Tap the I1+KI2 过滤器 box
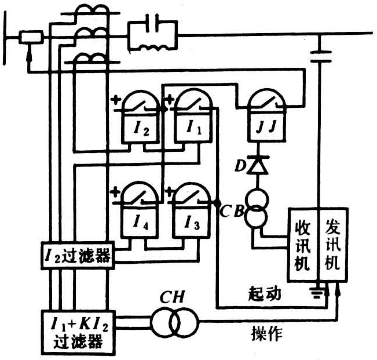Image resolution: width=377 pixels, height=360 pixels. click(x=78, y=330)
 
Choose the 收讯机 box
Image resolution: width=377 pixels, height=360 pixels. click(x=302, y=246)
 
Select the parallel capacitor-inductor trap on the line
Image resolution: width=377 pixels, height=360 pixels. click(x=152, y=35)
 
